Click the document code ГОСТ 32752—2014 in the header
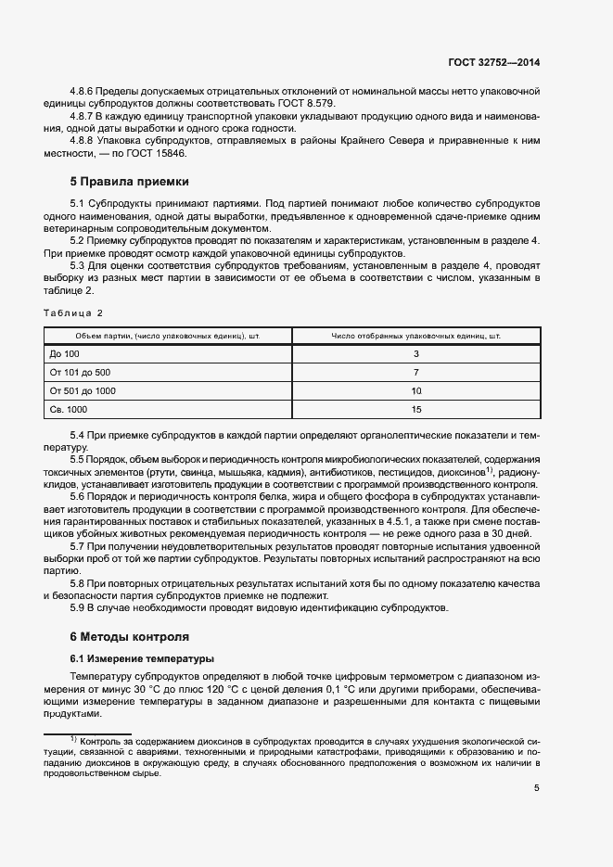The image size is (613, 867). (492, 62)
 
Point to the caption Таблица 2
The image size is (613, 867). (73, 312)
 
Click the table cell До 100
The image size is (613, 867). (65, 354)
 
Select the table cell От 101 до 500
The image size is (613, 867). (80, 373)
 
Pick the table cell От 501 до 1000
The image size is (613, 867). (83, 391)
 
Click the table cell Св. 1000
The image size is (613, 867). (70, 409)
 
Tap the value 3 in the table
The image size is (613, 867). (415, 354)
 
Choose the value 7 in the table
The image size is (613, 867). (415, 373)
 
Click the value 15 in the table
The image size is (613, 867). (415, 409)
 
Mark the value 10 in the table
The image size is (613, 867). (415, 391)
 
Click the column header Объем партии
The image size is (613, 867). (168, 336)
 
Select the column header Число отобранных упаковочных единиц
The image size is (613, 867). (415, 336)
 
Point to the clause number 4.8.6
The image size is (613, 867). (83, 93)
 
